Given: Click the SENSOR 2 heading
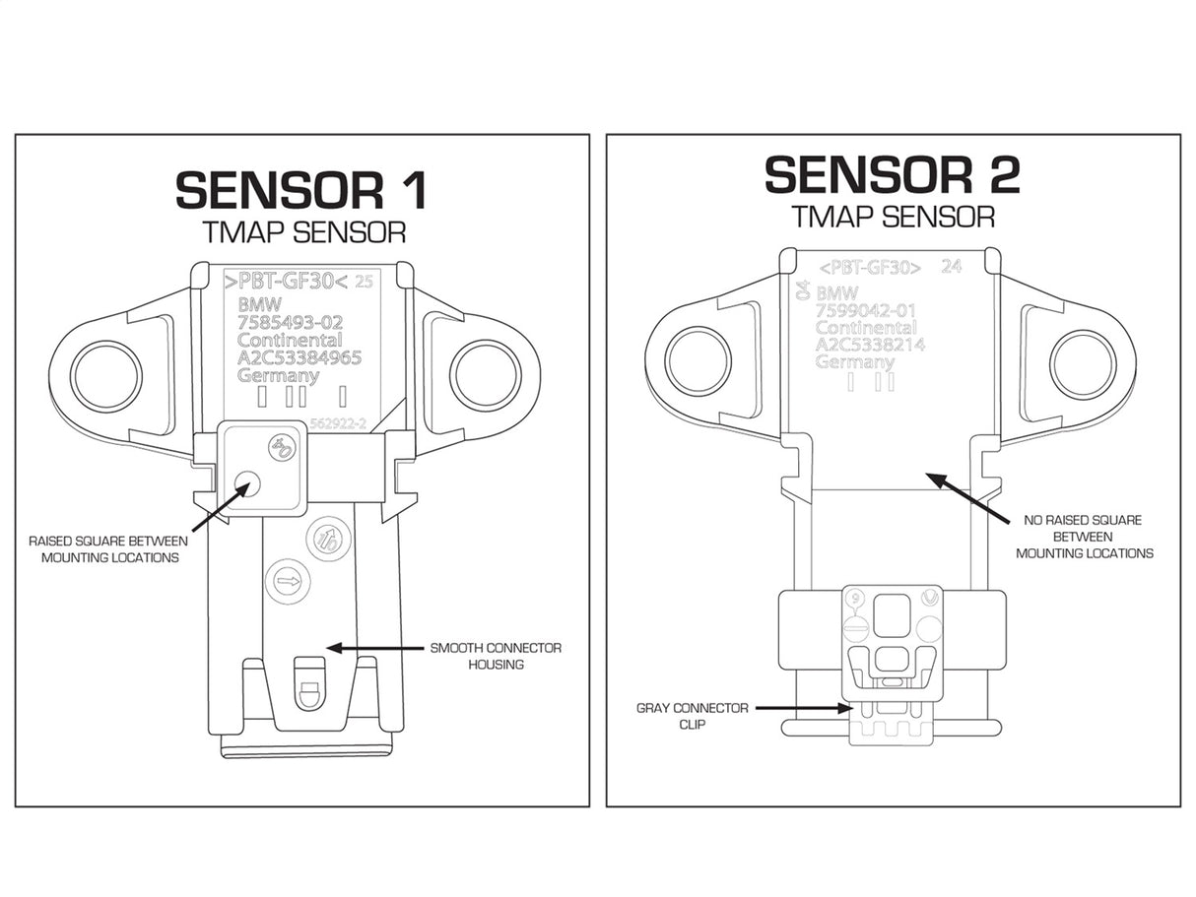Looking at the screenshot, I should tap(892, 174).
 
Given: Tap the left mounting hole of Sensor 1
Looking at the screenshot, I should tap(106, 375).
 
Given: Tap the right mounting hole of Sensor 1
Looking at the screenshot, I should tap(485, 375).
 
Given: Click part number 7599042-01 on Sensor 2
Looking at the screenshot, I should tap(866, 311).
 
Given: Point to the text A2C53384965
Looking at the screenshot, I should tap(299, 357).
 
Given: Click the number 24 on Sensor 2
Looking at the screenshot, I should tap(951, 266).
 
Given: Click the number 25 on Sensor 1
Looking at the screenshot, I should tap(364, 281).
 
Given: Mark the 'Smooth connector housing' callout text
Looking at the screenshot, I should tap(496, 656).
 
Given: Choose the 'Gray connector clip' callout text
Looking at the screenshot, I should tap(692, 716).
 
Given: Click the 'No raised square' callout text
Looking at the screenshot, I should tap(1084, 537).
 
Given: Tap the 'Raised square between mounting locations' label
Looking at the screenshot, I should tap(103, 548).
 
